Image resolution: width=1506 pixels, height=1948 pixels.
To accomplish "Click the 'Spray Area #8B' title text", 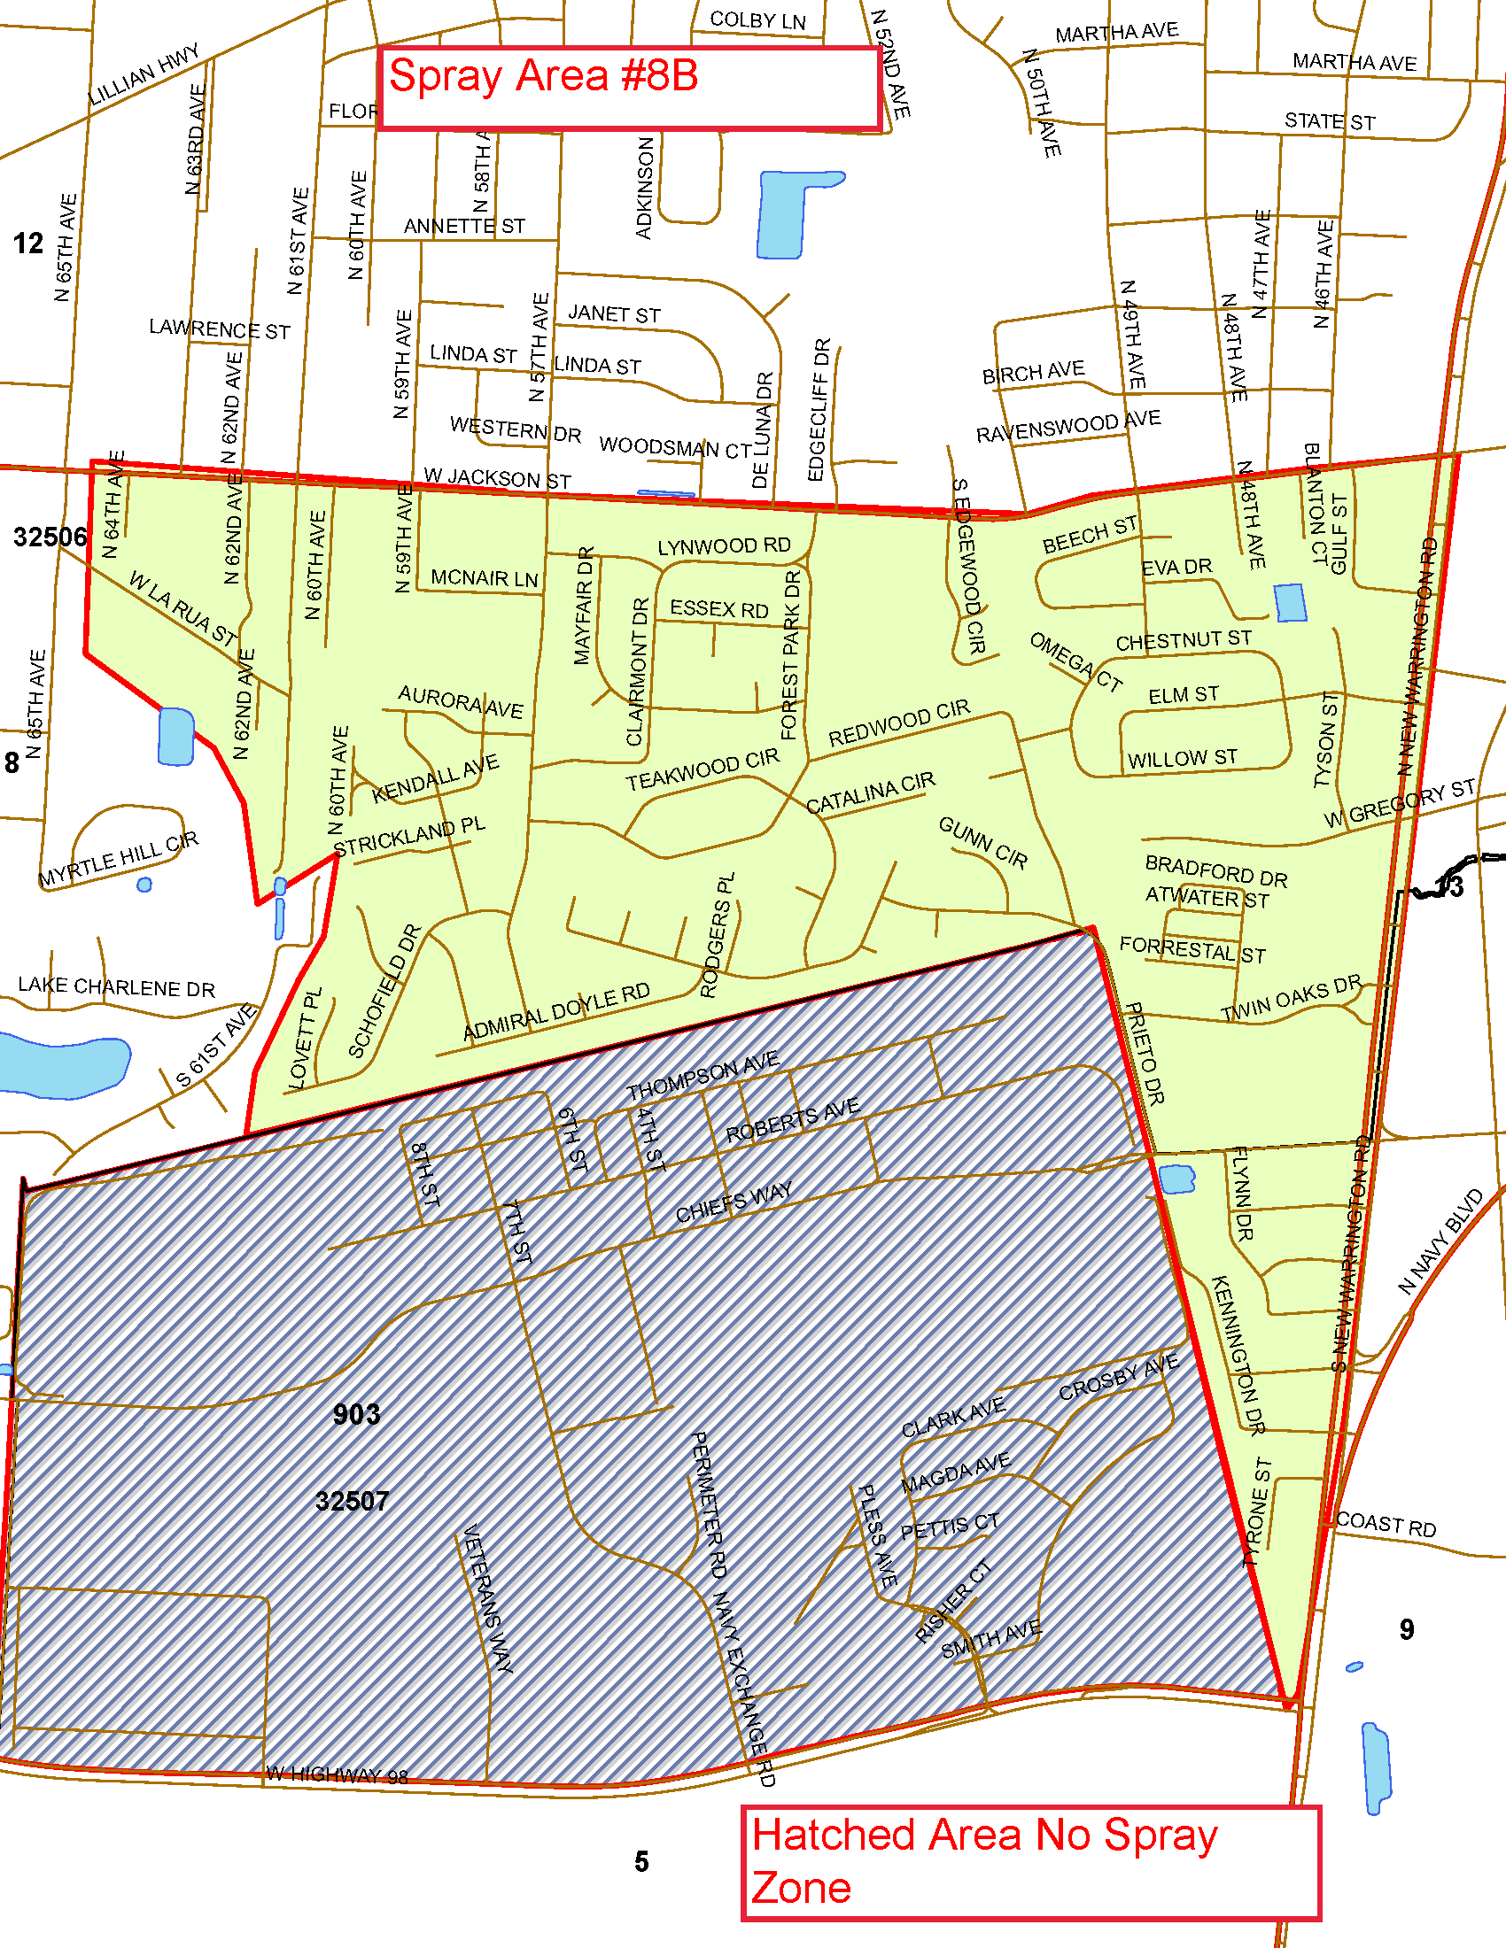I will [543, 77].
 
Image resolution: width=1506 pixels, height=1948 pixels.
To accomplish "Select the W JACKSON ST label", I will [497, 478].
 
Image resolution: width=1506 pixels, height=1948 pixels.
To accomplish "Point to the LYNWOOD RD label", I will [724, 545].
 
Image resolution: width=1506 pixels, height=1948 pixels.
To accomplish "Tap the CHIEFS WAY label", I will [734, 1202].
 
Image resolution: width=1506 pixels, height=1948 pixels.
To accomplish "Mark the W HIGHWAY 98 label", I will [338, 1775].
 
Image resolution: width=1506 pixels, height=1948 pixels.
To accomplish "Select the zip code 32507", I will [352, 1501].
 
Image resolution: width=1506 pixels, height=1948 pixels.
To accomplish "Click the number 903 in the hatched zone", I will [356, 1415].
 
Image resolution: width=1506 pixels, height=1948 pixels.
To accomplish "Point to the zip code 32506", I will [50, 537].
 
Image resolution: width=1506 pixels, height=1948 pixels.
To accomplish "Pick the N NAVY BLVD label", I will [1440, 1241].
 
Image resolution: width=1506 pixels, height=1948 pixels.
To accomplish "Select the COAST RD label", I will [1386, 1525].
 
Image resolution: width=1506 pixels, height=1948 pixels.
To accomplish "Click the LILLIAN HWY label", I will [144, 75].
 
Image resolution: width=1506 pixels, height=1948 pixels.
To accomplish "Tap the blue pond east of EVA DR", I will [1290, 603].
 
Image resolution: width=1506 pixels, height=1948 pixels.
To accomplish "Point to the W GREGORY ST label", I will [1399, 803].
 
